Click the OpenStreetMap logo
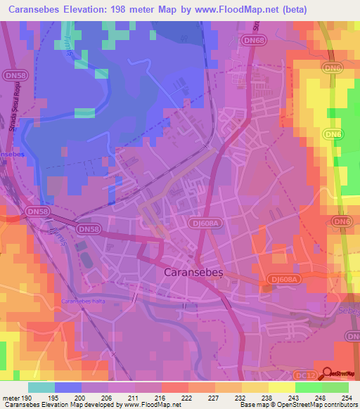point(337,373)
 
